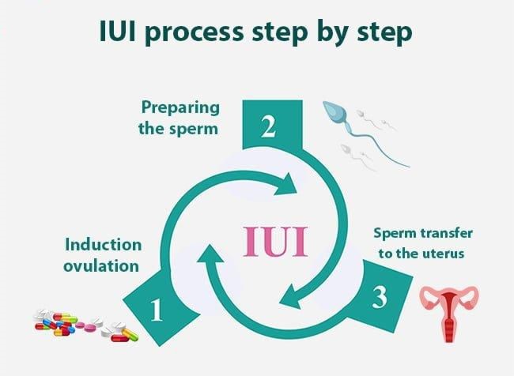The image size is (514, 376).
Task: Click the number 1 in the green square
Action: tap(157, 310)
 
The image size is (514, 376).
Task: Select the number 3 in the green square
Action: tap(380, 299)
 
